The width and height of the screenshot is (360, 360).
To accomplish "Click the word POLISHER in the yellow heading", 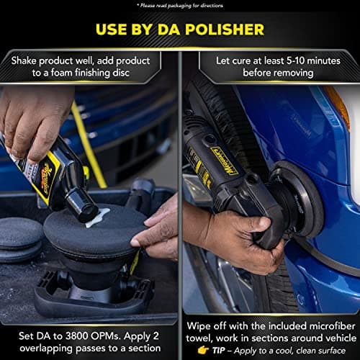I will coord(224,30).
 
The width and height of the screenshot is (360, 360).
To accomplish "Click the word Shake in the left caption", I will coord(27,59).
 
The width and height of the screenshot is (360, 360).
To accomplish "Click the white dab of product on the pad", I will coord(96,215).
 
